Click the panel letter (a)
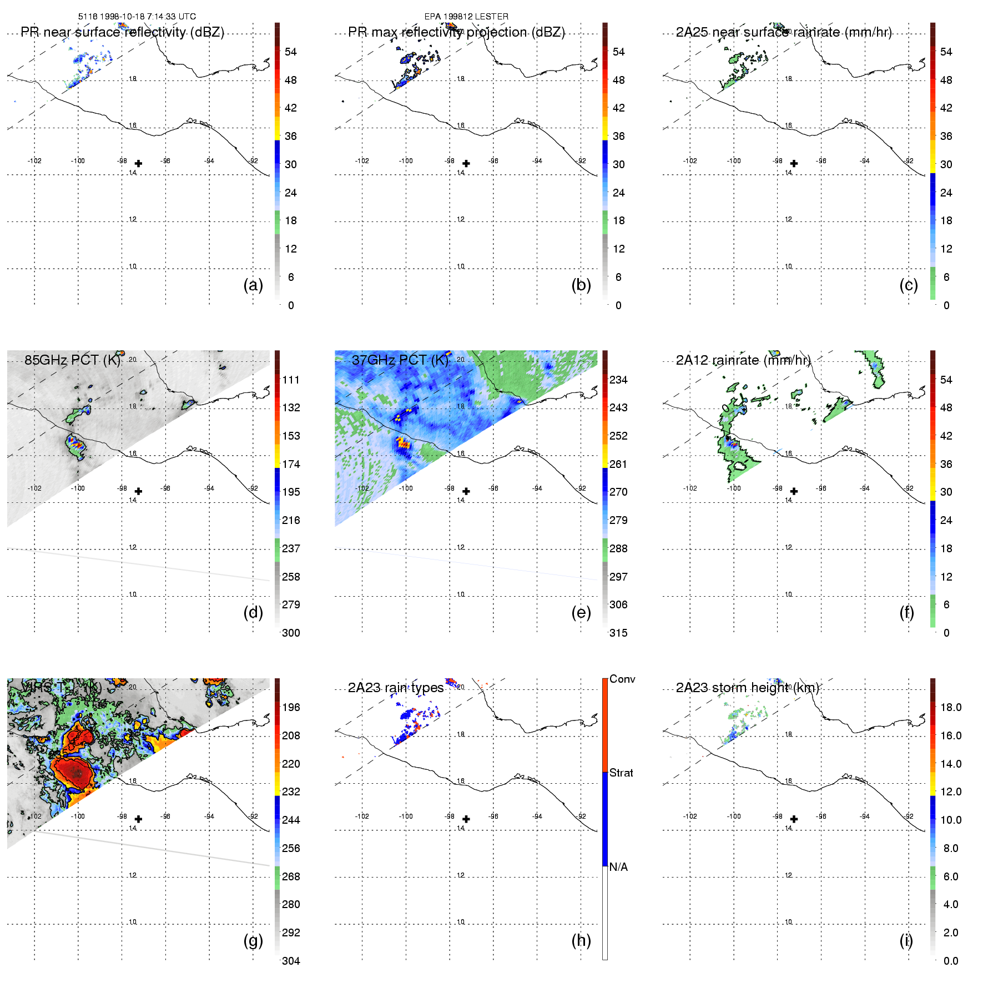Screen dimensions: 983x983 [253, 285]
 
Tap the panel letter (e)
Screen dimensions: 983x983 [581, 613]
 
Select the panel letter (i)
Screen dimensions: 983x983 [906, 940]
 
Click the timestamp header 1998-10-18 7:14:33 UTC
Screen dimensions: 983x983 [137, 17]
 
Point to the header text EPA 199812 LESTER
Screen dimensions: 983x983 [466, 17]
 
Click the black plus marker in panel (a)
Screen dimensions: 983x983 [138, 164]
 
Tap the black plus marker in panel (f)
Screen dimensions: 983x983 [794, 491]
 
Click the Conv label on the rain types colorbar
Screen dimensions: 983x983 [622, 679]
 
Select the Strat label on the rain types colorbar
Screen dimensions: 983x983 [621, 773]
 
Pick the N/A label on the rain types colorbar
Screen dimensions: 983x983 [618, 867]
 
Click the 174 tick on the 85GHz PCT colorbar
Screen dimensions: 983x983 [291, 464]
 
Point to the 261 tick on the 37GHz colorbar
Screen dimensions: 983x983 [618, 464]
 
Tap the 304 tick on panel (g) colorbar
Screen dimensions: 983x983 [291, 961]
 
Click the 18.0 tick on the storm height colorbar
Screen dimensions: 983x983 [950, 707]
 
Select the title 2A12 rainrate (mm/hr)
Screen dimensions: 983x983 [743, 360]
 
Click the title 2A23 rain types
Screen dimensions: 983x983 [395, 688]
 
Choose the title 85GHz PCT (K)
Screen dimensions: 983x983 [72, 360]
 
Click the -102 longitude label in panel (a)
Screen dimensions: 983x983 [34, 161]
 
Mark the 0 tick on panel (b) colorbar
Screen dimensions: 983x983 [618, 305]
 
